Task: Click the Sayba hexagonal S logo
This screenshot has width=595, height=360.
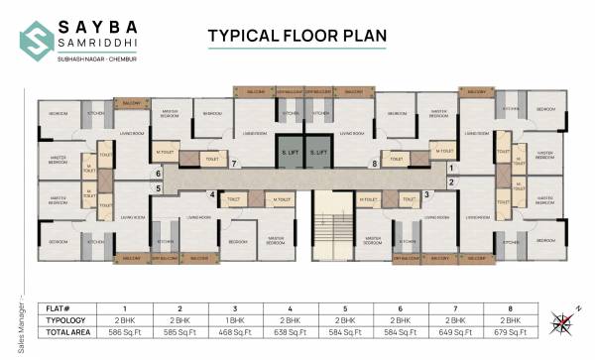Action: point(37,38)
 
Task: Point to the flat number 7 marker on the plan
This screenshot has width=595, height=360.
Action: point(233,163)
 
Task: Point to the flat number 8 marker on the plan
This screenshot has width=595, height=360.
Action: point(375,163)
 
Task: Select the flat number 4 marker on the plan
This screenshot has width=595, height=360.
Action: point(212,194)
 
